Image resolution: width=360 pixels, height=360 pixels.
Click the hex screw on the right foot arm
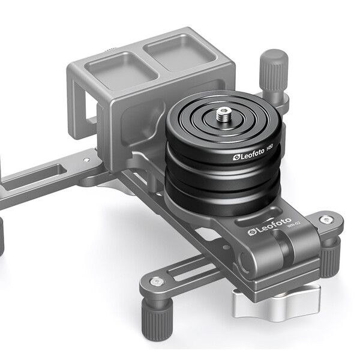[325, 220]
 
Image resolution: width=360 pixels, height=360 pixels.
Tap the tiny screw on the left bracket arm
[88, 160]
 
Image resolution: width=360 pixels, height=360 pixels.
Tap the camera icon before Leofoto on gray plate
[252, 232]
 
